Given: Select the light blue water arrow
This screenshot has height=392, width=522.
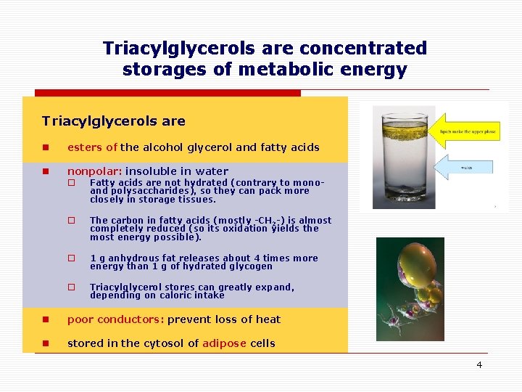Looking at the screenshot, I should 468,167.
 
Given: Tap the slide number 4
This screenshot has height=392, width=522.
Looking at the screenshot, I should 478,364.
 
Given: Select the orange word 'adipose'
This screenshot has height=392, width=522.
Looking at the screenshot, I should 225,343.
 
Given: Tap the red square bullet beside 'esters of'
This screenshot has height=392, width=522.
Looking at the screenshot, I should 46,147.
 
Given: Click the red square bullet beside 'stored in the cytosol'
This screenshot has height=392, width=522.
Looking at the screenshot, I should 46,343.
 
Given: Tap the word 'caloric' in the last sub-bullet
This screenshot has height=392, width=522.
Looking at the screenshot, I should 167,295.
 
